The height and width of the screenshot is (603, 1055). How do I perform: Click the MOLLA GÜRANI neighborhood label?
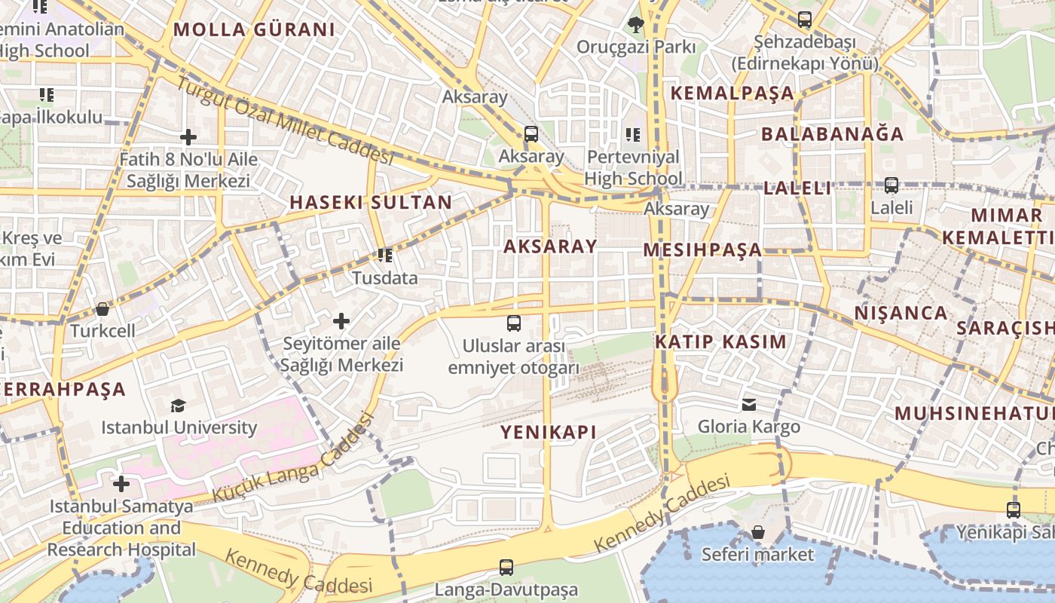pyautogui.click(x=254, y=30)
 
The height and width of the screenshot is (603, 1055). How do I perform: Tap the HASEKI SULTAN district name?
pyautogui.click(x=371, y=202)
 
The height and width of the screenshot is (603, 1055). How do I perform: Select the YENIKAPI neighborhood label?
pyautogui.click(x=549, y=432)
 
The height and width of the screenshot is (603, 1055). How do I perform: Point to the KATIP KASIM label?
pyautogui.click(x=720, y=341)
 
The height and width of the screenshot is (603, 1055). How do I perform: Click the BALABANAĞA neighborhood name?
pyautogui.click(x=832, y=134)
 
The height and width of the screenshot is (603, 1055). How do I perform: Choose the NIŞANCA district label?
pyautogui.click(x=901, y=313)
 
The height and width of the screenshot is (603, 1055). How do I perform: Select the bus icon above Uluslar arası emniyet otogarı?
pyautogui.click(x=514, y=323)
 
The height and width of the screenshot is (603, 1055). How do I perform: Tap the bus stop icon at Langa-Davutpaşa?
pyautogui.click(x=506, y=567)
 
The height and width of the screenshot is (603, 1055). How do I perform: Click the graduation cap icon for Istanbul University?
pyautogui.click(x=178, y=406)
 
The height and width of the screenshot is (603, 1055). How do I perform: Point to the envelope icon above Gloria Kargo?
pyautogui.click(x=749, y=405)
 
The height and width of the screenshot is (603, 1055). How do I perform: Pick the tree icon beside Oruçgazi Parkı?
pyautogui.click(x=635, y=25)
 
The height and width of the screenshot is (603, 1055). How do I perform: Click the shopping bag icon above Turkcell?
pyautogui.click(x=102, y=309)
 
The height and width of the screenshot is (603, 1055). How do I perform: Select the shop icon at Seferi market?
pyautogui.click(x=758, y=532)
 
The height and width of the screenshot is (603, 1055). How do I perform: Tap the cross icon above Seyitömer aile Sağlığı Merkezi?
pyautogui.click(x=341, y=321)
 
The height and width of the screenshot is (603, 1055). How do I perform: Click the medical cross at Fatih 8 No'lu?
pyautogui.click(x=188, y=137)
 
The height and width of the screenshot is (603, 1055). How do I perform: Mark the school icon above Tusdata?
pyautogui.click(x=385, y=256)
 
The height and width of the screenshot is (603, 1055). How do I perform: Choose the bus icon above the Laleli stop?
pyautogui.click(x=891, y=185)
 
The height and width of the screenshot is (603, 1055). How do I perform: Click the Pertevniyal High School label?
pyautogui.click(x=633, y=168)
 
